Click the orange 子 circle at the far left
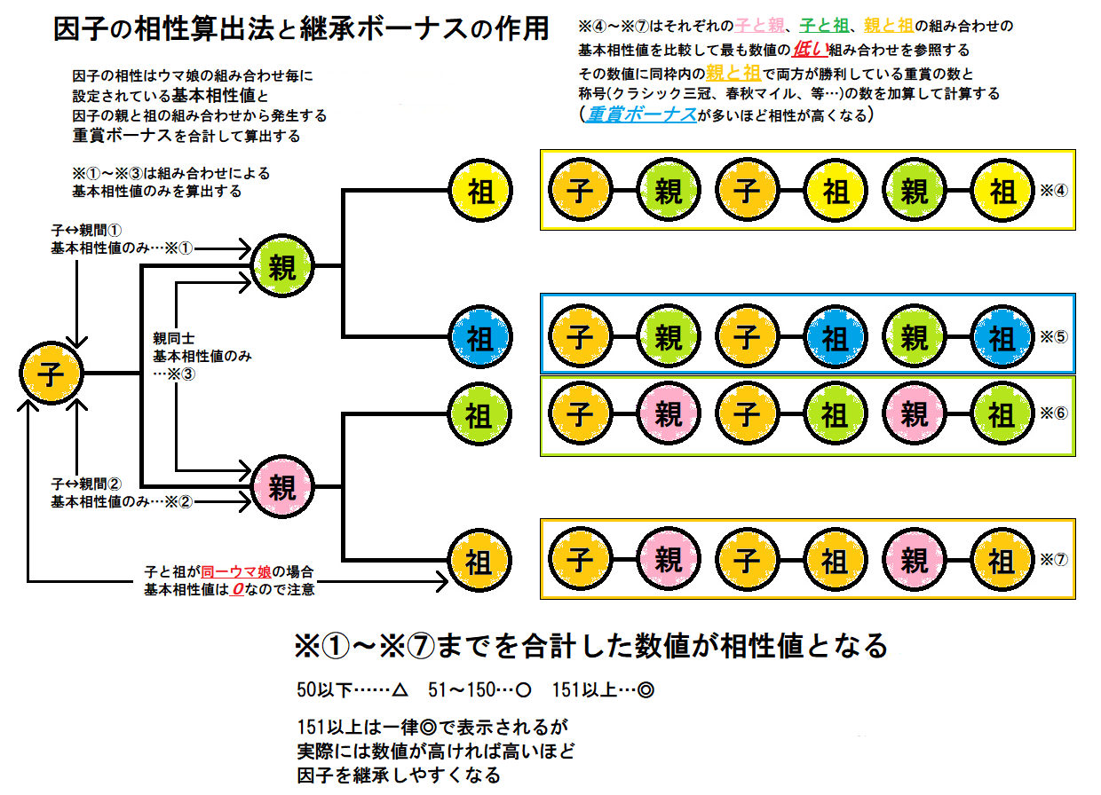(51, 374)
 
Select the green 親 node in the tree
(282, 264)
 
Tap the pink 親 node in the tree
(282, 486)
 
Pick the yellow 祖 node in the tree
(480, 193)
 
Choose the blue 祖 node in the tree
(480, 337)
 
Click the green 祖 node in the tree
(480, 414)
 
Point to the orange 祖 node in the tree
(480, 560)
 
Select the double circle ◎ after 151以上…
(646, 689)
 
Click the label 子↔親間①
(87, 230)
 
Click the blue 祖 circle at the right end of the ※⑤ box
(1002, 338)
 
